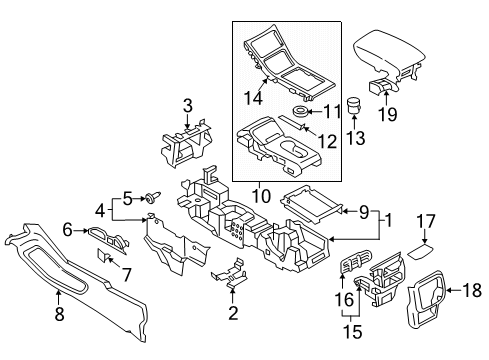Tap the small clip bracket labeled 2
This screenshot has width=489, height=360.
coord(232,274)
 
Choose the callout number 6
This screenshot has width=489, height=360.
coord(68,229)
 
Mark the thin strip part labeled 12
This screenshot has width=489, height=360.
coord(292,122)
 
